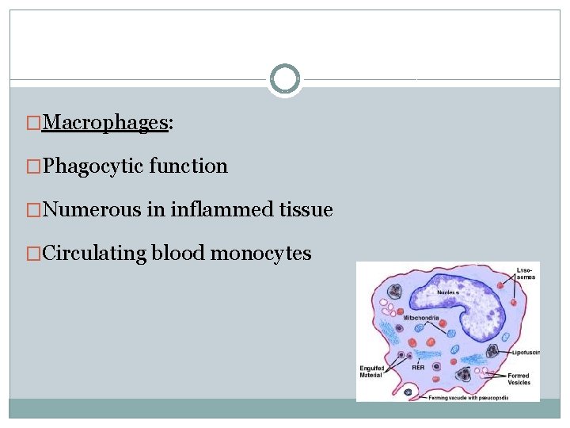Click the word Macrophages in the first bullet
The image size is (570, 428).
click(106, 122)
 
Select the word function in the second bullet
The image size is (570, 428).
click(188, 166)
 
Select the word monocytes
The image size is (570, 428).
click(261, 254)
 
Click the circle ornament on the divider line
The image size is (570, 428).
click(284, 79)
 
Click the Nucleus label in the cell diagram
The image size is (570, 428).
click(449, 292)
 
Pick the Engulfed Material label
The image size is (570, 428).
click(371, 371)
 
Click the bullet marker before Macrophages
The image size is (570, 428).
click(34, 123)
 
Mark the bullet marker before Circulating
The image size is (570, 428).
click(34, 254)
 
